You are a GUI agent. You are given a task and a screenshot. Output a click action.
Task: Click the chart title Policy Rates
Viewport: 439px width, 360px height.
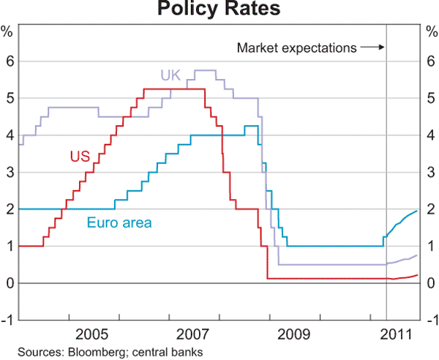218,10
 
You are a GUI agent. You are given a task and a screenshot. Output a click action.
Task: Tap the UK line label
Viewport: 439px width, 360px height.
170,74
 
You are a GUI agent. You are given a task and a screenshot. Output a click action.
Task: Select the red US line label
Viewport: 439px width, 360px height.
80,156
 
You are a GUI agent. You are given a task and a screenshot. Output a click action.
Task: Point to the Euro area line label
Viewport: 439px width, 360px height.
119,222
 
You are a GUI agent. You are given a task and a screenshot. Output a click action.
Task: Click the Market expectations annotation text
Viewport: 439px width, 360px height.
296,48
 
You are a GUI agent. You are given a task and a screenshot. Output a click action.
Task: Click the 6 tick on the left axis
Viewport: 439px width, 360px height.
10,61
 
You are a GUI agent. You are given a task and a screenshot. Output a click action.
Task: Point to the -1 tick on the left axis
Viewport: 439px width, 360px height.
8,320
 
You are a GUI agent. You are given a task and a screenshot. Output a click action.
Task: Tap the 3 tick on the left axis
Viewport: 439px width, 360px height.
10,173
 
